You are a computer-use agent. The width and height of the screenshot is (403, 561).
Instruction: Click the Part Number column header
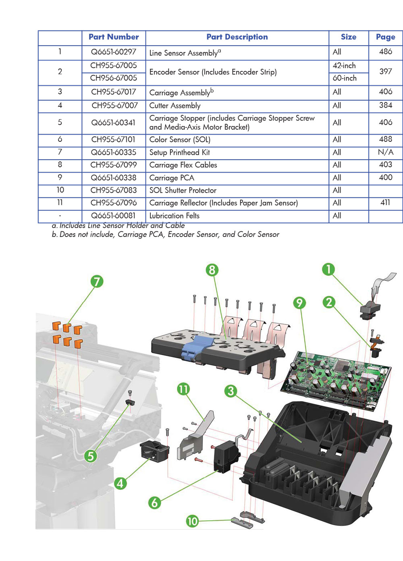click(114, 37)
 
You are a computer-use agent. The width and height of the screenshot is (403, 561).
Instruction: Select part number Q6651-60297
click(114, 52)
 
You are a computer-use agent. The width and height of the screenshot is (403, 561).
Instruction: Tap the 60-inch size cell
click(345, 78)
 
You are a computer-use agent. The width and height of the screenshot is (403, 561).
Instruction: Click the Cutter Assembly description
click(175, 106)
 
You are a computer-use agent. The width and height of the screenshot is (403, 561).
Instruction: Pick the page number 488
click(385, 139)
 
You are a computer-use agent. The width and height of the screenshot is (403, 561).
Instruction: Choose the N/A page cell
click(385, 152)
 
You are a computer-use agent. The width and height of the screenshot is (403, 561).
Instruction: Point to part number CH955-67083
click(114, 190)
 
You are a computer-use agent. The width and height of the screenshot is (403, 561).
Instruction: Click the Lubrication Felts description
click(174, 216)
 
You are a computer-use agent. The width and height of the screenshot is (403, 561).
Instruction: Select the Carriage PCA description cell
click(172, 178)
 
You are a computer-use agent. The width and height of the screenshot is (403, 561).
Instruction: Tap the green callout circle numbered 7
click(97, 281)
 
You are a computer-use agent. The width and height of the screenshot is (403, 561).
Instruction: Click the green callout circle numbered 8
click(212, 270)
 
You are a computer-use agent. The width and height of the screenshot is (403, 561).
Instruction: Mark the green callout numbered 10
click(192, 521)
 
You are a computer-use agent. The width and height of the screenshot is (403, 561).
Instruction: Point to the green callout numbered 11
click(183, 389)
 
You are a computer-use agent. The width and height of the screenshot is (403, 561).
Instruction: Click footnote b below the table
click(165, 235)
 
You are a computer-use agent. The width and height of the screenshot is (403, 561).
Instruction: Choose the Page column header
click(385, 37)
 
